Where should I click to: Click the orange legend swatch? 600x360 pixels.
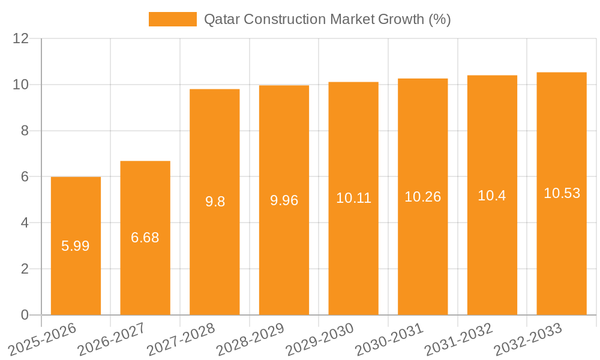[x=172, y=19]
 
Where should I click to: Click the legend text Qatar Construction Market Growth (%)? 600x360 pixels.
[x=327, y=19]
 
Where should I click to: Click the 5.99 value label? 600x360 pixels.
[x=76, y=246]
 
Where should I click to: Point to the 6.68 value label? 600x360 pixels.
[x=145, y=238]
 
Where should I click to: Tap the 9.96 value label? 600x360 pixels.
[x=284, y=200]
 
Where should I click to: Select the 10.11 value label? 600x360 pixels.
[x=353, y=199]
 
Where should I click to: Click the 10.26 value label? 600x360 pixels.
[x=423, y=197]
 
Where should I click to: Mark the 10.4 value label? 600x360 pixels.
[x=492, y=195]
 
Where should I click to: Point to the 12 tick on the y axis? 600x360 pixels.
[x=21, y=38]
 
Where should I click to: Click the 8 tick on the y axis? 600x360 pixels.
[x=25, y=131]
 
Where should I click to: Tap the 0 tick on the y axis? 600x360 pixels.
[x=25, y=315]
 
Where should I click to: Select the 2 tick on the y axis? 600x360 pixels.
[x=25, y=269]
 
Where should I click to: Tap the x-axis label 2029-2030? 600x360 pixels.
[x=319, y=340]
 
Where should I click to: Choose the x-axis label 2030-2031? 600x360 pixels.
[x=389, y=340]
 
